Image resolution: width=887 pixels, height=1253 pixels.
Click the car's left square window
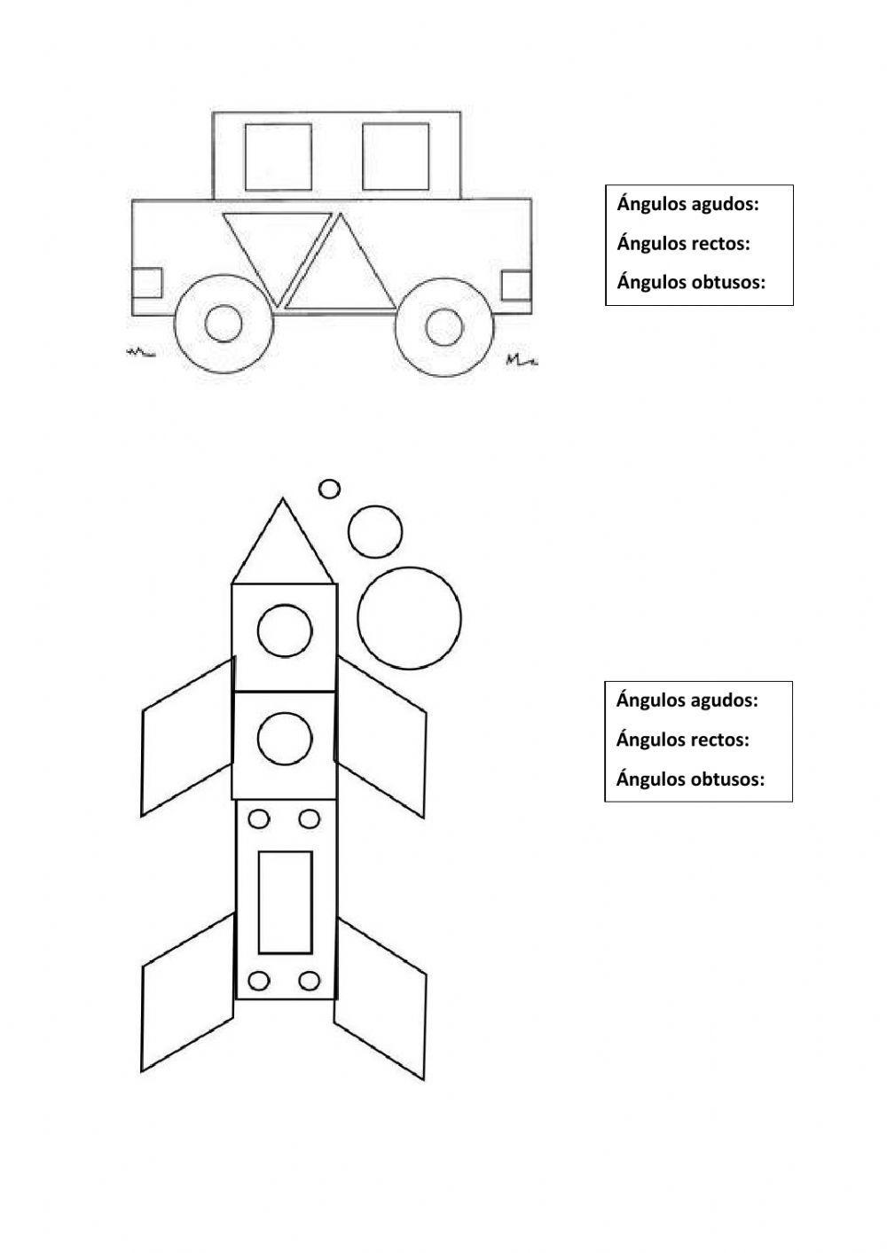point(279,157)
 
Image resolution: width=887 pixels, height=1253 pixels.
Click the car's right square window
point(396,157)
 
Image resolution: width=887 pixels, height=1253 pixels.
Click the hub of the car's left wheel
point(224,324)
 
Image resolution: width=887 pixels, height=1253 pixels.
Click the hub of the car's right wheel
point(444,326)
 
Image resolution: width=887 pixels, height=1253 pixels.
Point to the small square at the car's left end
point(146,283)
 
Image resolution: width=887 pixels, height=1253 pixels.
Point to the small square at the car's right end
point(516,286)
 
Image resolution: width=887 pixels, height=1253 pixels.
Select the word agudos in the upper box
point(726,205)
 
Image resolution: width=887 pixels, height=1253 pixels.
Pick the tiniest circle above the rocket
point(329,489)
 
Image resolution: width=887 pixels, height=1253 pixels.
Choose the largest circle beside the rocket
point(409,618)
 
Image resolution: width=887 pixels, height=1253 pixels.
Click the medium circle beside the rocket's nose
point(375,532)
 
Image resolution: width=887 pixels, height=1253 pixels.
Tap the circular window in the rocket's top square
point(285,631)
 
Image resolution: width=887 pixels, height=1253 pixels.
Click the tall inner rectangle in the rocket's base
point(286,902)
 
